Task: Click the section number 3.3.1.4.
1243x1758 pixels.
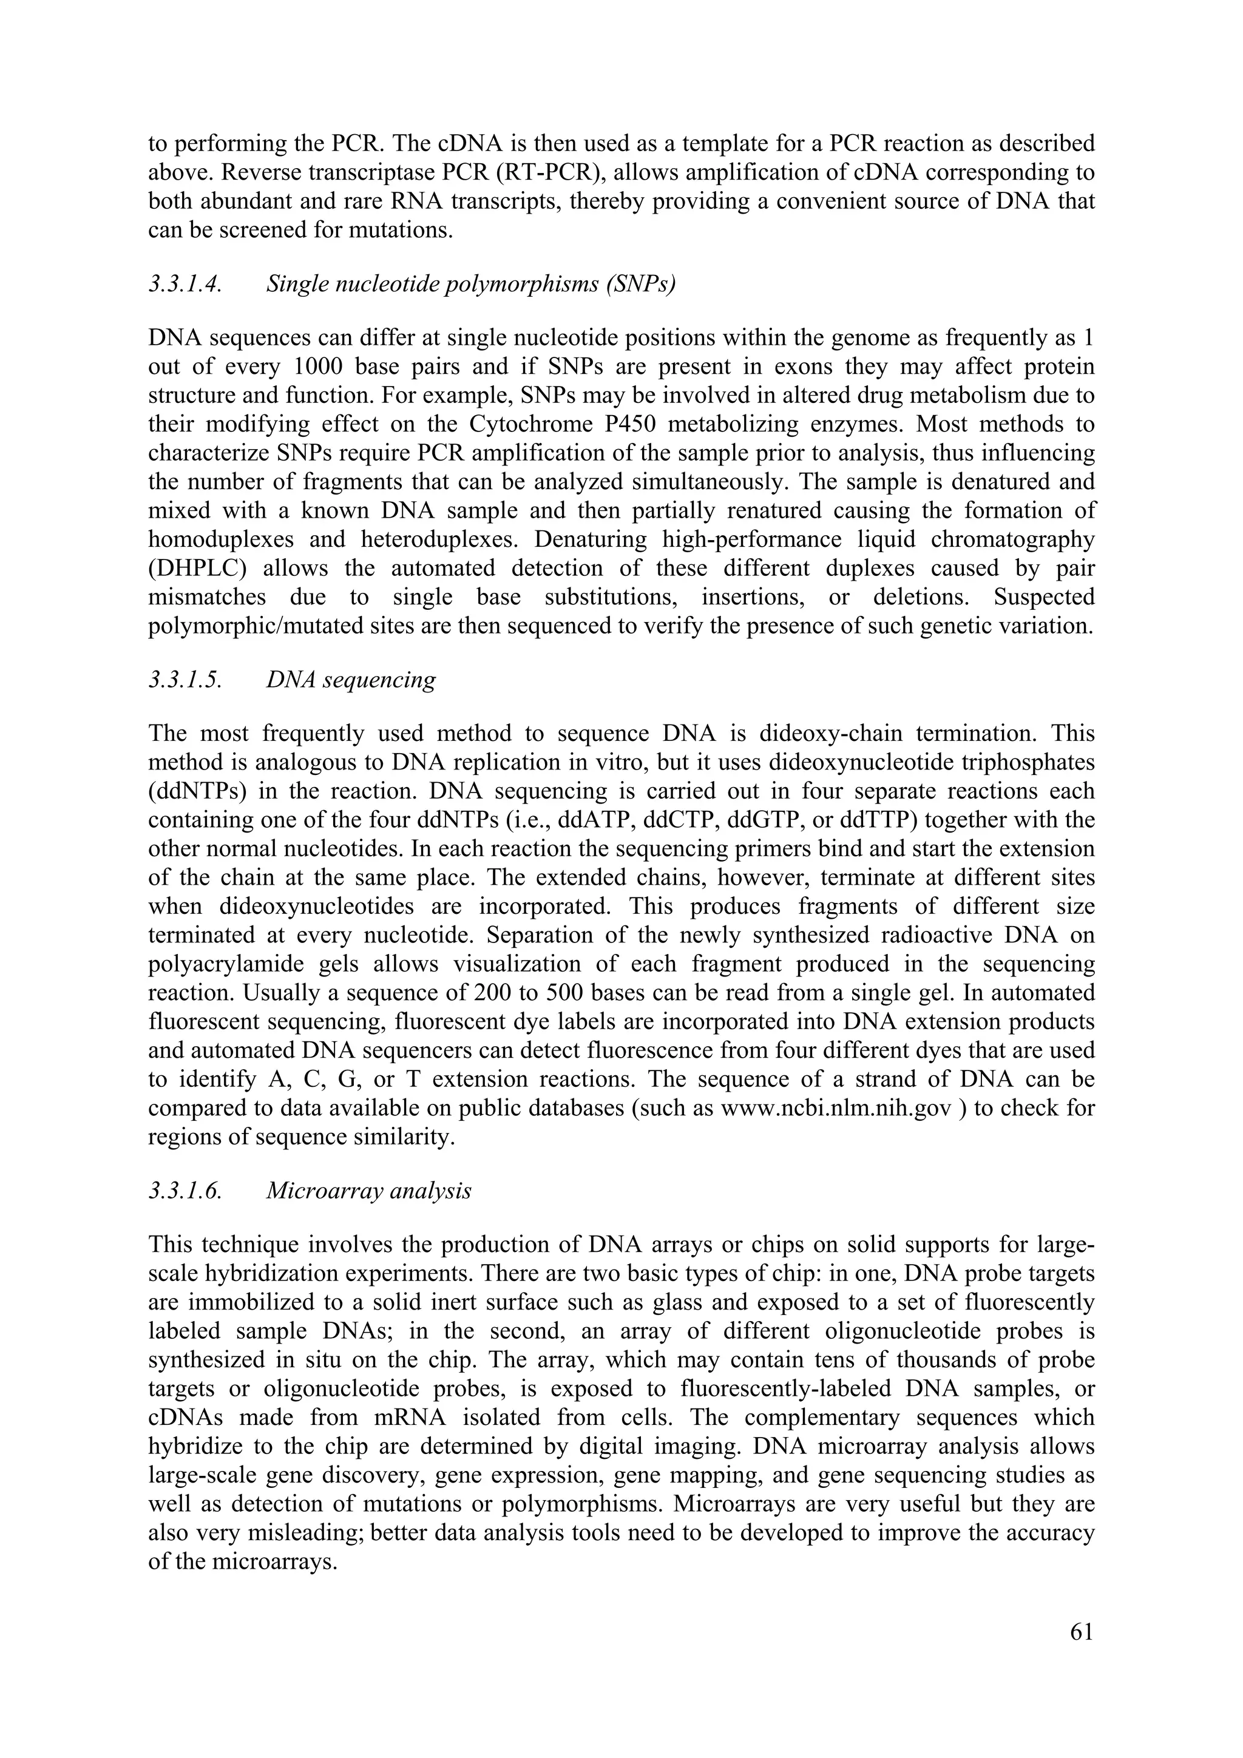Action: [185, 284]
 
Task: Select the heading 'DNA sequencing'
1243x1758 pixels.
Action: [351, 679]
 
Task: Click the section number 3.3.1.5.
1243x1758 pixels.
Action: [185, 679]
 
